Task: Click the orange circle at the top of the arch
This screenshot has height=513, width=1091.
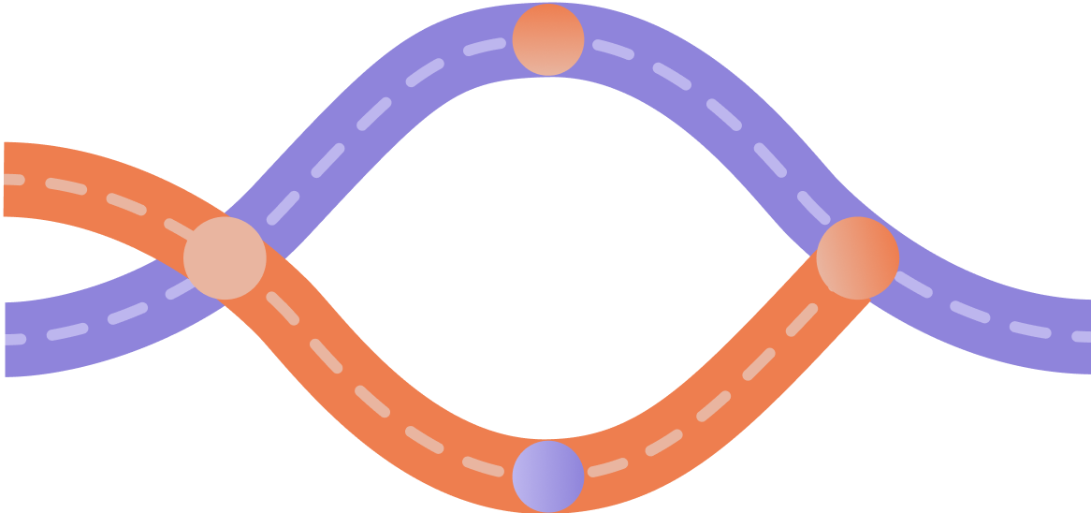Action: click(x=548, y=39)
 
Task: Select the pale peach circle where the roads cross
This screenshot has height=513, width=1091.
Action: click(x=225, y=257)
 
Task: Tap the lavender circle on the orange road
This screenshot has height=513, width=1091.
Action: click(x=548, y=476)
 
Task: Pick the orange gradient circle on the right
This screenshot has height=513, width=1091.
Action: click(x=858, y=257)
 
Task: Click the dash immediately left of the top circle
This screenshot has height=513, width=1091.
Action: click(x=485, y=48)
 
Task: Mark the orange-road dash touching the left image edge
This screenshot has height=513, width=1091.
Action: click(x=11, y=179)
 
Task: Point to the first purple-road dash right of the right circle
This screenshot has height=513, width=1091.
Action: click(x=913, y=286)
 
